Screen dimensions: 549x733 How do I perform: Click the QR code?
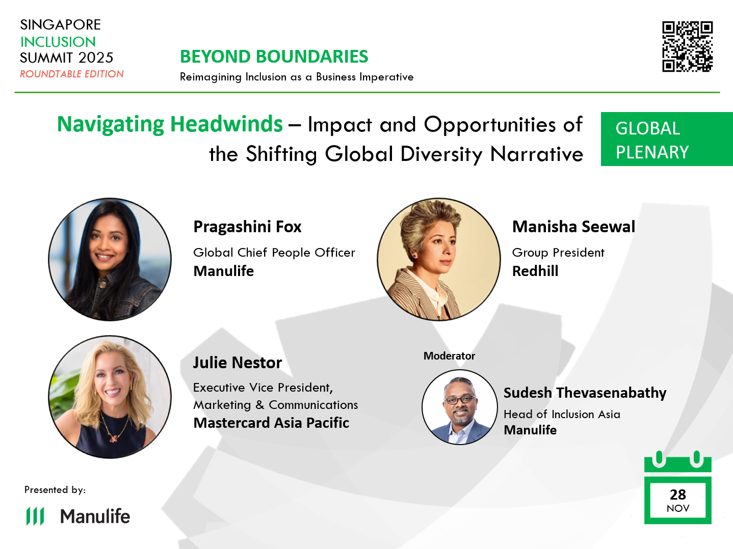tap(687, 46)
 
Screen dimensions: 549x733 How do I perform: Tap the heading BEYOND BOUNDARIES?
tap(274, 57)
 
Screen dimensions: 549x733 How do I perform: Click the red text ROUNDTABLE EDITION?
tap(72, 74)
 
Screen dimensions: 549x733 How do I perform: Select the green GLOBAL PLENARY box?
tap(666, 139)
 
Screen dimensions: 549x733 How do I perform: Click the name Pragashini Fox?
tap(247, 227)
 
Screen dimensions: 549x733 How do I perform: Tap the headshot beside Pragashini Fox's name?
tap(110, 259)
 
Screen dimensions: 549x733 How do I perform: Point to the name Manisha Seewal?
tap(573, 227)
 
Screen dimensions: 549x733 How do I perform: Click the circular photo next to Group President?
tap(438, 259)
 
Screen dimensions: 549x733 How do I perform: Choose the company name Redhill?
tap(535, 271)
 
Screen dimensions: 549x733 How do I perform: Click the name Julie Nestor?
tap(237, 363)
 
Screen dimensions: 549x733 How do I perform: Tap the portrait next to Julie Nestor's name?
tap(110, 397)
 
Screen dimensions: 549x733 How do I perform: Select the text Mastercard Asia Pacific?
tap(271, 423)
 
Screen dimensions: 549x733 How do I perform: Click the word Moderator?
tap(449, 356)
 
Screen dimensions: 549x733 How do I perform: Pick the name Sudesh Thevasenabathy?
tap(585, 393)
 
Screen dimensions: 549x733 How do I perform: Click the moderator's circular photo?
tap(459, 407)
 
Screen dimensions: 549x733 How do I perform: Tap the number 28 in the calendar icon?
tap(677, 495)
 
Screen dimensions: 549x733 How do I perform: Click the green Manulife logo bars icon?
tap(35, 516)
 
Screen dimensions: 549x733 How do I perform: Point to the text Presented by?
tap(55, 490)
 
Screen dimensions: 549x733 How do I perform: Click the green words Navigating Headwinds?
tap(170, 124)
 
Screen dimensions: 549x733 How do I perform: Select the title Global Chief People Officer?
tap(274, 253)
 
